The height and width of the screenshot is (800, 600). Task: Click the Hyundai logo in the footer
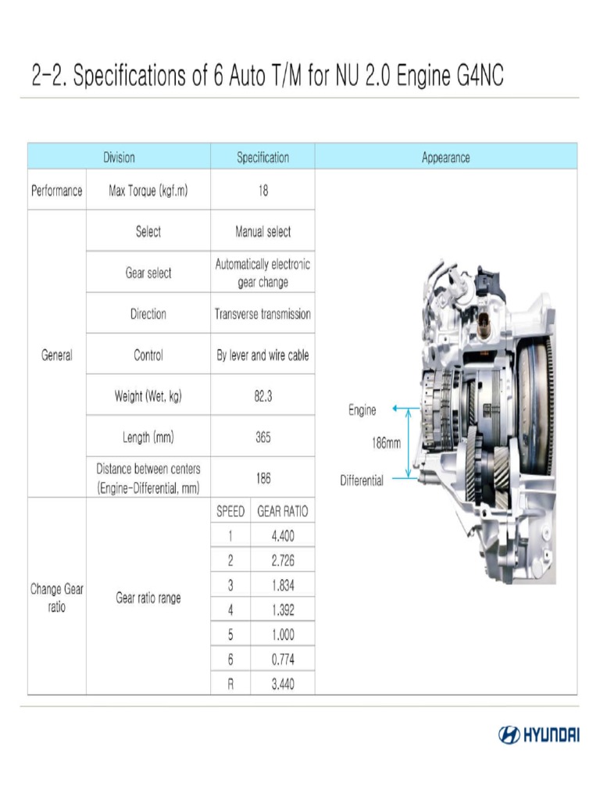click(x=538, y=735)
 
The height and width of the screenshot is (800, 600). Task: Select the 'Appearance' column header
click(x=445, y=157)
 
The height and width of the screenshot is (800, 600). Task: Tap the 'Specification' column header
click(x=262, y=157)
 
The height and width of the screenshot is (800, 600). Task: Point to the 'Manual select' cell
click(x=262, y=231)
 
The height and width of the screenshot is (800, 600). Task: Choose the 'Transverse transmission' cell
click(x=262, y=314)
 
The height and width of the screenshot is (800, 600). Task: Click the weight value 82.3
click(x=262, y=396)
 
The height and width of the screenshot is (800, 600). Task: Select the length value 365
click(x=262, y=437)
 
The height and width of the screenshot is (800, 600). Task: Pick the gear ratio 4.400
click(x=282, y=536)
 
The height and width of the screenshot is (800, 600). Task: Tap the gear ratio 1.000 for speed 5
click(x=282, y=634)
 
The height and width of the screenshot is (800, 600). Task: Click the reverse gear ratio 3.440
click(x=282, y=684)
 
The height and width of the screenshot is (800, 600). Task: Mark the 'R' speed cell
click(x=230, y=684)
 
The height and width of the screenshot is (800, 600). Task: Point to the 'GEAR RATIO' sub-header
click(x=282, y=512)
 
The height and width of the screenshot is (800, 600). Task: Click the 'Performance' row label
click(x=56, y=191)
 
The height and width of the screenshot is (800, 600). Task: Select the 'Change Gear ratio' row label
click(x=56, y=598)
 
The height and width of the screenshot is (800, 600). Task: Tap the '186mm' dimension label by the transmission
click(x=386, y=443)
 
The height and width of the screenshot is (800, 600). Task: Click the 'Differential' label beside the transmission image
click(x=362, y=480)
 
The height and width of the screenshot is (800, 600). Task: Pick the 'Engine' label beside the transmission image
click(x=362, y=409)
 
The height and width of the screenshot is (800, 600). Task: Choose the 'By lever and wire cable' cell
click(x=262, y=355)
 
